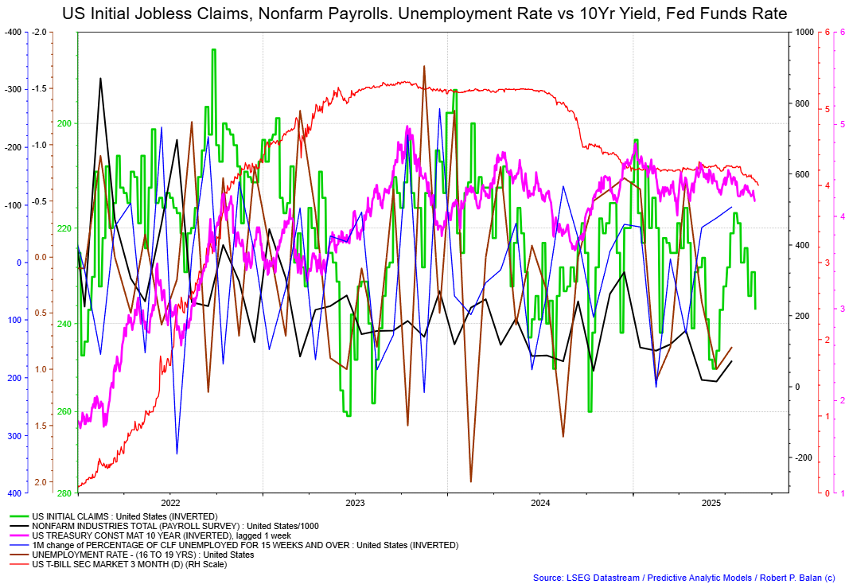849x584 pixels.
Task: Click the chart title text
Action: [x=424, y=14]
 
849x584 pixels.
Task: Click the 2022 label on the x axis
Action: [x=170, y=504]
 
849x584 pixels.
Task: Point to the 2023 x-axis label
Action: [x=355, y=504]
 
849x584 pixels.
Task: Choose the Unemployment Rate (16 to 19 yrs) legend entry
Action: [x=142, y=555]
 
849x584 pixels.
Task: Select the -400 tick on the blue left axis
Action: [x=12, y=32]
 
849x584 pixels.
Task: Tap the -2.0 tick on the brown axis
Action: [x=40, y=32]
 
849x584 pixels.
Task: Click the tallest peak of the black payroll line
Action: [x=100, y=78]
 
